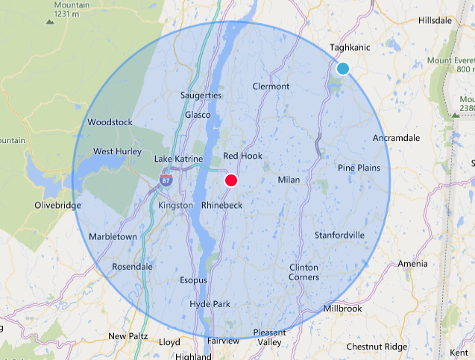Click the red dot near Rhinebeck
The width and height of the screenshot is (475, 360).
pyautogui.click(x=231, y=180)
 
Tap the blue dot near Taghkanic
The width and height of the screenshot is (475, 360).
pyautogui.click(x=343, y=69)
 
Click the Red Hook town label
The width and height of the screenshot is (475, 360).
pyautogui.click(x=242, y=156)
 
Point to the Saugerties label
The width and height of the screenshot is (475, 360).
pyautogui.click(x=201, y=95)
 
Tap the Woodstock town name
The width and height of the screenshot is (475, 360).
pyautogui.click(x=110, y=122)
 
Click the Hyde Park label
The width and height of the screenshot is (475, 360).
pyautogui.click(x=210, y=304)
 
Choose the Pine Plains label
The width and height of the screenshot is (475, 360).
pyautogui.click(x=359, y=168)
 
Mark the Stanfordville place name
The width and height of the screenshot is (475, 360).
pyautogui.click(x=339, y=235)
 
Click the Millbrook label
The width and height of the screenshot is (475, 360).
pyautogui.click(x=343, y=309)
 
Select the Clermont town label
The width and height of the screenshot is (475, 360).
pyautogui.click(x=271, y=86)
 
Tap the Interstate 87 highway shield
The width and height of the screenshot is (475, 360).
pyautogui.click(x=165, y=179)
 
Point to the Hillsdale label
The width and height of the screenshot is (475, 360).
pyautogui.click(x=436, y=21)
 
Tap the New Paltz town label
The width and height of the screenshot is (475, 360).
pyautogui.click(x=128, y=336)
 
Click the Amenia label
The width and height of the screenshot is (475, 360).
pyautogui.click(x=413, y=264)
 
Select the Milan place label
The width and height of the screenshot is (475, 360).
pyautogui.click(x=288, y=180)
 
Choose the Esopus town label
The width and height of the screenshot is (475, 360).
pyautogui.click(x=194, y=280)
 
